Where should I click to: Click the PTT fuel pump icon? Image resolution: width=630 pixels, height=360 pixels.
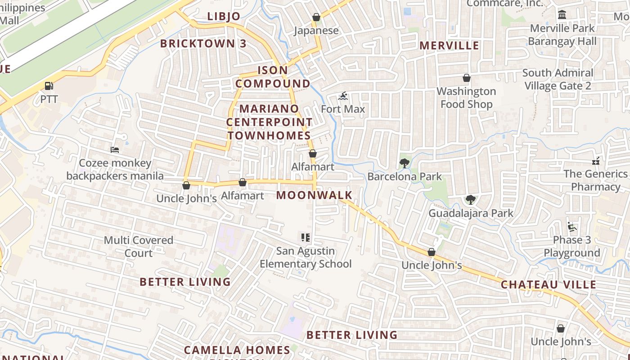[49, 85]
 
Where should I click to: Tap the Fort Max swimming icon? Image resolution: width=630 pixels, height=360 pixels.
[343, 96]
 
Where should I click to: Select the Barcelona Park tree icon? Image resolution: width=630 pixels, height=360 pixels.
[405, 163]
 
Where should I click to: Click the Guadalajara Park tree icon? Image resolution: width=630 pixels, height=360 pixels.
[470, 199]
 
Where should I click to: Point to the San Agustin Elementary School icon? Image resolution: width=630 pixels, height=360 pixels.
[306, 237]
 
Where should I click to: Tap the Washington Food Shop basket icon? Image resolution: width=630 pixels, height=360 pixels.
[467, 78]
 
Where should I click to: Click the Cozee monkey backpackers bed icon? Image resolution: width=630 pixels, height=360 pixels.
[115, 149]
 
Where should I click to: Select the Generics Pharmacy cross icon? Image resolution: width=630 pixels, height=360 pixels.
[596, 161]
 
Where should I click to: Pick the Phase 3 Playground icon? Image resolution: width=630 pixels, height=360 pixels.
[572, 227]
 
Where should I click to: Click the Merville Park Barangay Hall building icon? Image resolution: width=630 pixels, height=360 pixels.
[562, 15]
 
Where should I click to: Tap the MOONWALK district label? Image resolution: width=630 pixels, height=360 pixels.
[314, 195]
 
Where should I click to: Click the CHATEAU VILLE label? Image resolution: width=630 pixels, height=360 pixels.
[548, 284]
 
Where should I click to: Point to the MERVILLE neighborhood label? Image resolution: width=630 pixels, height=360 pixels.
[449, 45]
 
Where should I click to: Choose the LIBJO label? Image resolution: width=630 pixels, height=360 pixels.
[224, 17]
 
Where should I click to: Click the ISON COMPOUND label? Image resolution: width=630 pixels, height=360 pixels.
[273, 77]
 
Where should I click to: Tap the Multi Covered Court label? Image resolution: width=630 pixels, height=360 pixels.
[139, 247]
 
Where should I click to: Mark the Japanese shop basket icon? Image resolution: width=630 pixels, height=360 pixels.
[316, 17]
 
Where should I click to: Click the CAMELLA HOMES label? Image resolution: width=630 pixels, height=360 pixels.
[237, 350]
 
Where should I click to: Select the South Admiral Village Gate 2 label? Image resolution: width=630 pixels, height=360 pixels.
[558, 79]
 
